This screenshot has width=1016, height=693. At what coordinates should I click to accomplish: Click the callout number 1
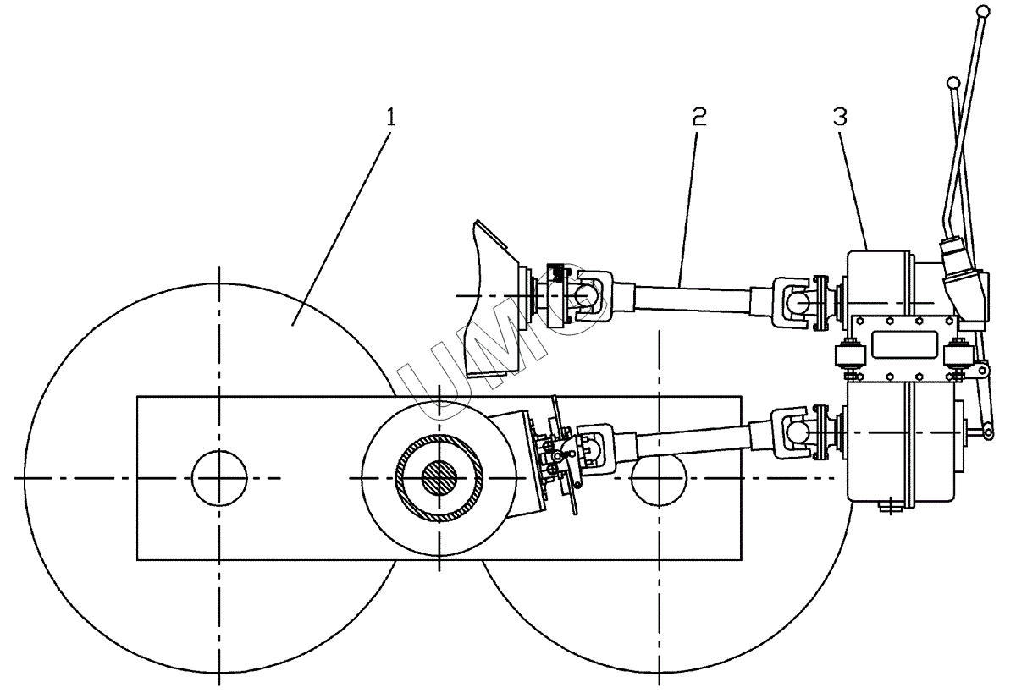tap(391, 118)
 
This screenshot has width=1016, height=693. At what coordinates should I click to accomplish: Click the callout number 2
tap(699, 118)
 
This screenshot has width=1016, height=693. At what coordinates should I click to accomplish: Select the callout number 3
tap(840, 117)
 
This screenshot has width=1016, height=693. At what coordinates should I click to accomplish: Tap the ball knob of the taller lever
tap(983, 11)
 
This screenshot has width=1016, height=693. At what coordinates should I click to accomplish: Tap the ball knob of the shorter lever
tap(954, 84)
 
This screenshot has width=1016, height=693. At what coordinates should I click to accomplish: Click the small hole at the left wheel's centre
tap(219, 478)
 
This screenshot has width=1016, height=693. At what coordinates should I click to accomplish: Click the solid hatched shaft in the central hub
tap(439, 478)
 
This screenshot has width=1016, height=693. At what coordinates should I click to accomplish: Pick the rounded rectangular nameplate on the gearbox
tap(904, 345)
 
